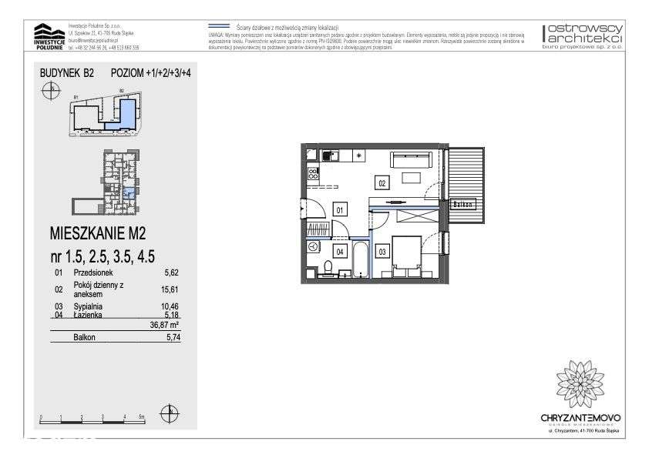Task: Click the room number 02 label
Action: coord(382,182)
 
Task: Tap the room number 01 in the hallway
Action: coord(338,208)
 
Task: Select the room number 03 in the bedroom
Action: coord(382,251)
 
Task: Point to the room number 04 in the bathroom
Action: coord(338,251)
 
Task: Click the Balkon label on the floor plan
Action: coord(462,204)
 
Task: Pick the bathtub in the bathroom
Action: coord(361,260)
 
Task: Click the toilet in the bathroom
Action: coord(328,268)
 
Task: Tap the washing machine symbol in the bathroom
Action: coord(313,246)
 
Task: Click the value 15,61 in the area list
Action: coord(170,290)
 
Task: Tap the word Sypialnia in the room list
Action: coord(89,306)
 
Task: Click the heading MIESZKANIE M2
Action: coord(97,232)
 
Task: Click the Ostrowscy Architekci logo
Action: coord(583,35)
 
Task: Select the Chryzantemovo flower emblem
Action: coord(580,383)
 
